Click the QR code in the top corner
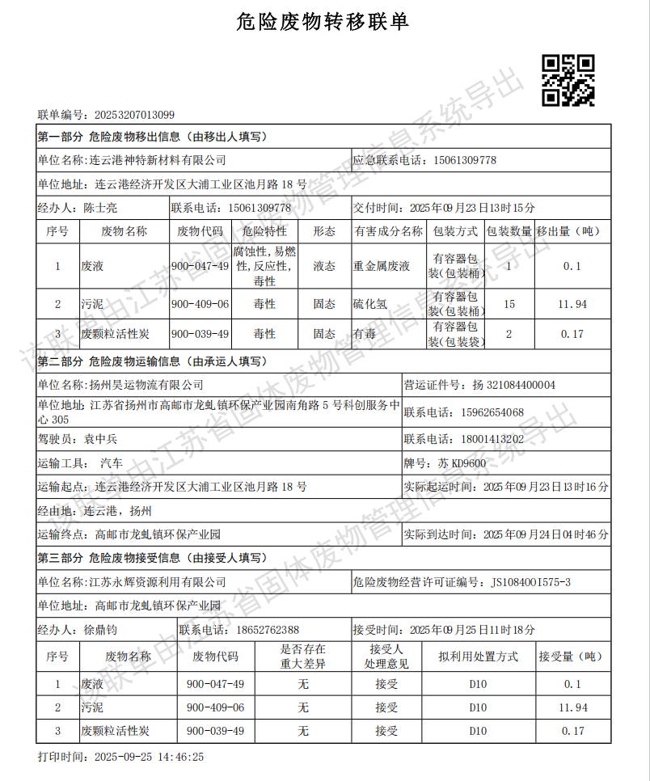pyautogui.click(x=568, y=80)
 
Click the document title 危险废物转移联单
pyautogui.click(x=323, y=23)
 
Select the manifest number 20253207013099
pyautogui.click(x=134, y=115)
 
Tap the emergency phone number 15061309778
pyautogui.click(x=465, y=160)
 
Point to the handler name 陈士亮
pyautogui.click(x=101, y=208)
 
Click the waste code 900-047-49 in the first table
pyautogui.click(x=200, y=266)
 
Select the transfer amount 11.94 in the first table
pyautogui.click(x=572, y=304)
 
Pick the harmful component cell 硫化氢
pyautogui.click(x=370, y=304)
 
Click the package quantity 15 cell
pyautogui.click(x=509, y=304)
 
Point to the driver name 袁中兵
pyautogui.click(x=101, y=439)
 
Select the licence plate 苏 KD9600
pyautogui.click(x=462, y=463)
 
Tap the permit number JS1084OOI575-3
pyautogui.click(x=530, y=582)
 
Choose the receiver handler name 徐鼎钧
pyautogui.click(x=101, y=630)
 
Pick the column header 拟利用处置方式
pyautogui.click(x=478, y=656)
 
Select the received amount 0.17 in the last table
pyautogui.click(x=572, y=731)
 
